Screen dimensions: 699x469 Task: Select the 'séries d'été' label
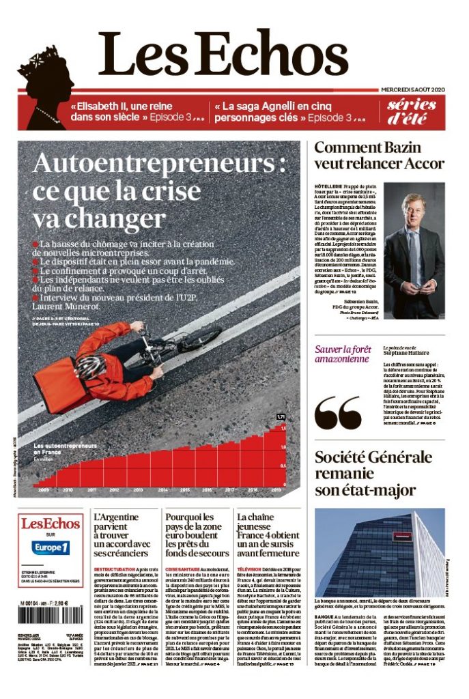pyautogui.click(x=412, y=112)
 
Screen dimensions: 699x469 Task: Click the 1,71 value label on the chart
pyautogui.click(x=280, y=416)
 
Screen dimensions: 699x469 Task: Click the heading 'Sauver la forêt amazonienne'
pyautogui.click(x=341, y=354)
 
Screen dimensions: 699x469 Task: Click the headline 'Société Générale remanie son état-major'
pyautogui.click(x=374, y=472)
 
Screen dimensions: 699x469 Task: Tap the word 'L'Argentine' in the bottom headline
pyautogui.click(x=116, y=517)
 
